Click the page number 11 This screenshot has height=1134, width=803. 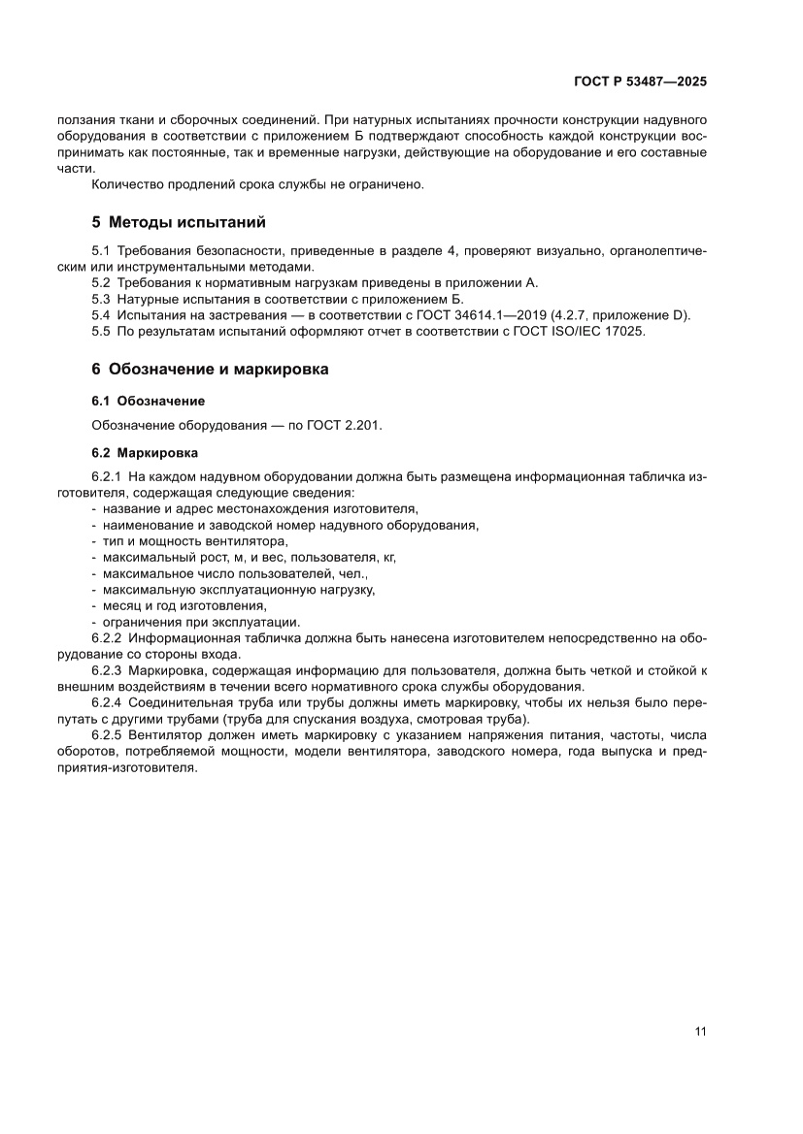coord(700,1031)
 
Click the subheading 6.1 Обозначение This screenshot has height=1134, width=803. coord(148,401)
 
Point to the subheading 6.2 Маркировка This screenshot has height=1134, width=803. coord(145,452)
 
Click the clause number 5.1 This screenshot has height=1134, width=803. coord(102,251)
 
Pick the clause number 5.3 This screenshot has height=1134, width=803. coord(102,300)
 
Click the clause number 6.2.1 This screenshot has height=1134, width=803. coord(108,476)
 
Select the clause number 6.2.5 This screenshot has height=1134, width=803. coord(108,734)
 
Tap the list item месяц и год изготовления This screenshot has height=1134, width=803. coord(184,605)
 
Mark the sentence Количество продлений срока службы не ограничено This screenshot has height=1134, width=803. coord(256,185)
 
